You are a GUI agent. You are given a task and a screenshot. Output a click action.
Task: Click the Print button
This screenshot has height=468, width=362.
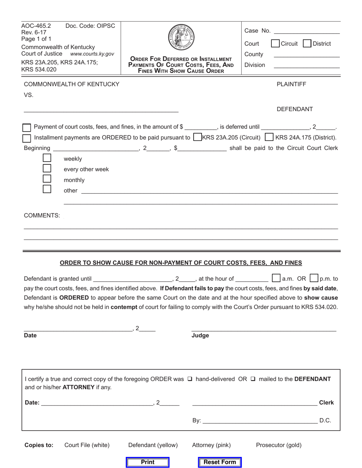147,462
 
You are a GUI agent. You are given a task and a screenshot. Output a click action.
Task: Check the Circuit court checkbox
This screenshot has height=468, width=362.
275,43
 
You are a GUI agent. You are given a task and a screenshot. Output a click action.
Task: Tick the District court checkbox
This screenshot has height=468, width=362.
307,43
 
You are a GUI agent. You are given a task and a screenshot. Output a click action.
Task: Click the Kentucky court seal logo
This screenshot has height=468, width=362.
181,37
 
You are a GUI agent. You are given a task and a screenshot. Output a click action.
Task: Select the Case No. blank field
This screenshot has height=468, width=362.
306,30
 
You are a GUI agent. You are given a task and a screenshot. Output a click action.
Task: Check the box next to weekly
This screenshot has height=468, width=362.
47,158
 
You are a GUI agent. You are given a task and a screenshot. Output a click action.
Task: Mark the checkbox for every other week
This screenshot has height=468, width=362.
47,168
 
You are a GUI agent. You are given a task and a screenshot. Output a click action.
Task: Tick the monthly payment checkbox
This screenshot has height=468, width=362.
47,178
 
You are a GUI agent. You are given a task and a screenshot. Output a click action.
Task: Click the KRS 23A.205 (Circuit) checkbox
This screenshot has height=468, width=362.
197,137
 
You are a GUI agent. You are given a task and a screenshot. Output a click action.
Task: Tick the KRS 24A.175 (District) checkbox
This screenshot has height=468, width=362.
269,137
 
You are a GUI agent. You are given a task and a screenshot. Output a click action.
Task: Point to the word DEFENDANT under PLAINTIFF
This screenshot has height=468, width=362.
295,109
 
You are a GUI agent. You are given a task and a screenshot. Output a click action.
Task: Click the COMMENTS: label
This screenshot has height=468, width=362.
42,215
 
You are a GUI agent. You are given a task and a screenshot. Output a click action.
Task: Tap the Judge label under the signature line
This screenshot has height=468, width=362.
200,336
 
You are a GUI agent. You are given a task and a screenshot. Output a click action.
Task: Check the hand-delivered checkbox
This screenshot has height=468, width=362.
190,379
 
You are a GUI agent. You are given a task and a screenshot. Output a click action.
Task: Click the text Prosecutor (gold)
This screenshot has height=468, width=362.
279,445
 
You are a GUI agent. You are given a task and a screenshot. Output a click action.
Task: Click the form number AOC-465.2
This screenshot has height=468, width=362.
36,26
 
